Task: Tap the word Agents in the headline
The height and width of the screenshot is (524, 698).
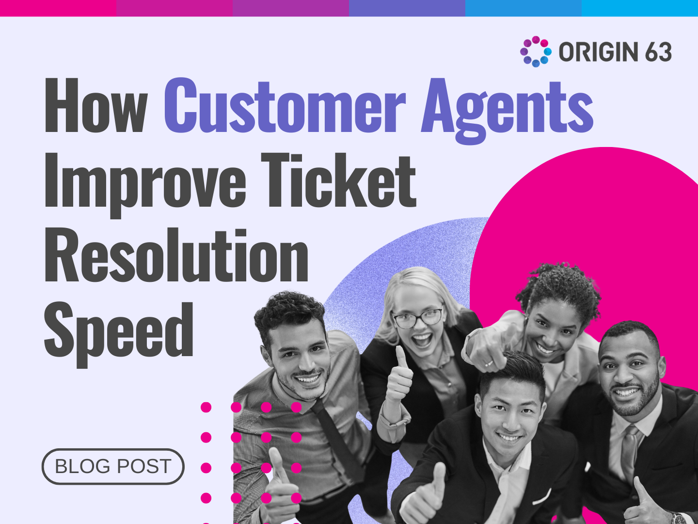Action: [x=507, y=109]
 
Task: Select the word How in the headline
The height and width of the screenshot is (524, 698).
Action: [x=95, y=106]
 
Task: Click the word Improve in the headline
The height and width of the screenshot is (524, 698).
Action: [x=145, y=182]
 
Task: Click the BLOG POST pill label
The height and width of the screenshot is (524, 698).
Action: [x=113, y=466]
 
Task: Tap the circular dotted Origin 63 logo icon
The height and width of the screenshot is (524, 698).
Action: [x=536, y=51]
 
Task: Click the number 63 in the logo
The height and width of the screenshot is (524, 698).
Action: [x=658, y=52]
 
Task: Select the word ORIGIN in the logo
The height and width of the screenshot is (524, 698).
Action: [x=598, y=52]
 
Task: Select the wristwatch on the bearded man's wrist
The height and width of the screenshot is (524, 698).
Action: [x=679, y=518]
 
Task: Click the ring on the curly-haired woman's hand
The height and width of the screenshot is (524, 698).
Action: [x=489, y=363]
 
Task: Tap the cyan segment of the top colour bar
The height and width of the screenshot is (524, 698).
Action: [x=640, y=8]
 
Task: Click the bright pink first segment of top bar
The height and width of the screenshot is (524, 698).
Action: [x=58, y=8]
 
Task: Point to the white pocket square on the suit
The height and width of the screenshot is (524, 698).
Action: [x=542, y=496]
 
